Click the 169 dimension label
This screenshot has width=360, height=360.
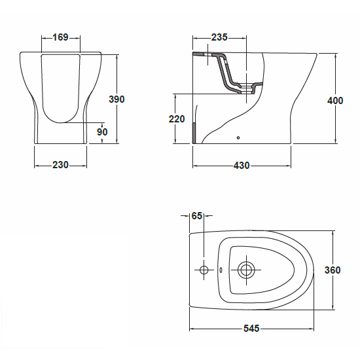[61, 37]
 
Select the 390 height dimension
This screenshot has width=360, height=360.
[117, 99]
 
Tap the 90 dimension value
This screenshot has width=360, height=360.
[102, 132]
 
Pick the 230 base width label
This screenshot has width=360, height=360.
[60, 165]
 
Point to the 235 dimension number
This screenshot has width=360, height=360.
[219, 37]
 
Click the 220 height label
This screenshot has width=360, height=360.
[177, 119]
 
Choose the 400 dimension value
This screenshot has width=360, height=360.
[335, 101]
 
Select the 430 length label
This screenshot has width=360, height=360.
[242, 166]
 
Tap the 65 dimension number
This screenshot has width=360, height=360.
[197, 216]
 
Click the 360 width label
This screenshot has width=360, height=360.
[333, 270]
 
